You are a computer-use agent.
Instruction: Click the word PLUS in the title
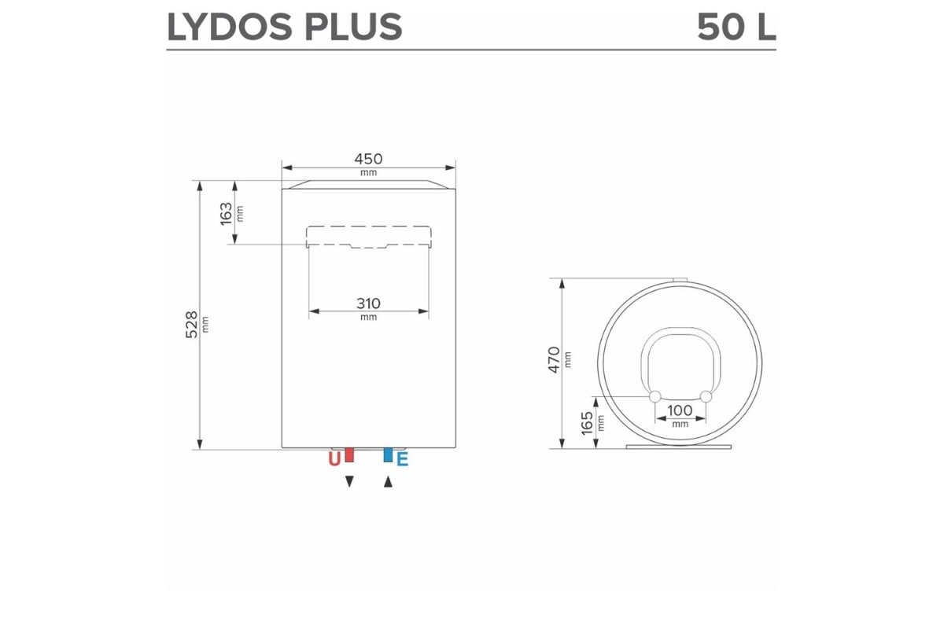353,27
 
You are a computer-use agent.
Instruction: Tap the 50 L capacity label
736,27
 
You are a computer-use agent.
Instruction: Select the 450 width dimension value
368,159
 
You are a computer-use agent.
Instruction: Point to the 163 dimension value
227,214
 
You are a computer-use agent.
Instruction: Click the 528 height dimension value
191,325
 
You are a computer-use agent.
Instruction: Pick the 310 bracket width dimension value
368,303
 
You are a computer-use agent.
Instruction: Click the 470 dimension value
554,360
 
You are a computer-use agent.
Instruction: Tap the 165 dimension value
587,424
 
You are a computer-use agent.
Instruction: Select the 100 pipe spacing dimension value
680,410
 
